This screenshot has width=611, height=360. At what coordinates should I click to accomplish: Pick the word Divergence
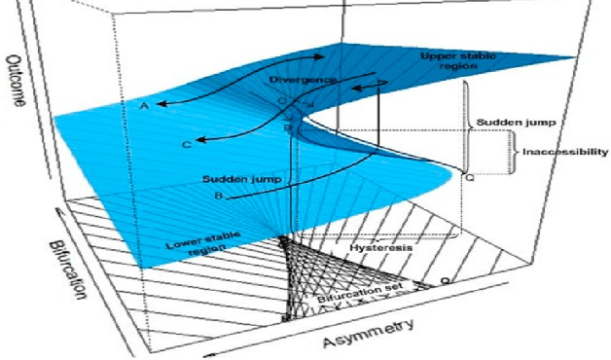(305, 77)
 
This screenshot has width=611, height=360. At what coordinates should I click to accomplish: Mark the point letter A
(143, 105)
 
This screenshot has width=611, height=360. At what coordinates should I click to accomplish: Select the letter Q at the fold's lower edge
(470, 178)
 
